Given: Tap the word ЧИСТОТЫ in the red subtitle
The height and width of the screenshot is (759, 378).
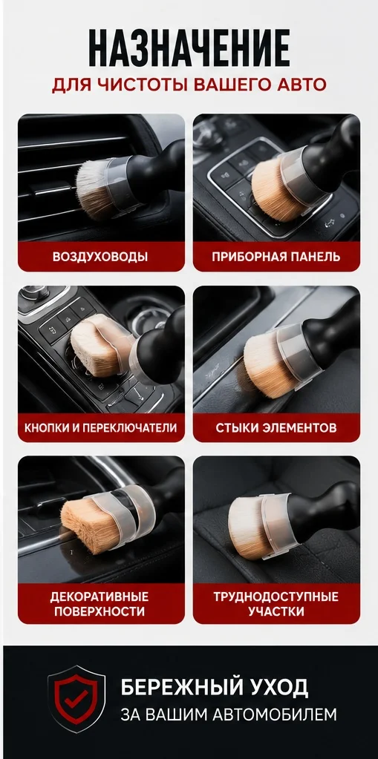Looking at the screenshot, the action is (x=148, y=85).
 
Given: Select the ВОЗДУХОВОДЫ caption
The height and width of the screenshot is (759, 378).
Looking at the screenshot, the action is (x=100, y=257).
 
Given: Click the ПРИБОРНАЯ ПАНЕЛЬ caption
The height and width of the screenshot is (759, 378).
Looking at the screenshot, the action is (x=276, y=257).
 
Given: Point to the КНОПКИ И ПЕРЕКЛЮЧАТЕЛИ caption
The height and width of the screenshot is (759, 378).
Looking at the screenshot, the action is (x=101, y=428).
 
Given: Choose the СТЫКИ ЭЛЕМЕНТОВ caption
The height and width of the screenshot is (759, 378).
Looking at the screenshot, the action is (x=276, y=428).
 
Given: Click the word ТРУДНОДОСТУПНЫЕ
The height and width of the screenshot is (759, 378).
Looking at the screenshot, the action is (x=276, y=597).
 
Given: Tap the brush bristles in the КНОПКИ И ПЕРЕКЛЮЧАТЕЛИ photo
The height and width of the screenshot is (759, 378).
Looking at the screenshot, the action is (x=97, y=345).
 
